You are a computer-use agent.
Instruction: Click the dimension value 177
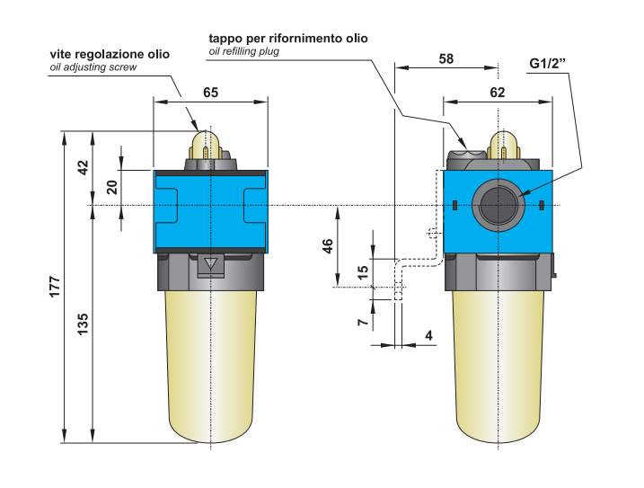pyautogui.click(x=55, y=288)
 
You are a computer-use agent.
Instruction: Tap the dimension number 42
pyautogui.click(x=83, y=167)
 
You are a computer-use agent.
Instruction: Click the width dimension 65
pyautogui.click(x=210, y=92)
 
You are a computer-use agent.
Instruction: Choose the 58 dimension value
pyautogui.click(x=446, y=58)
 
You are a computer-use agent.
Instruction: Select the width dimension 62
pyautogui.click(x=498, y=92)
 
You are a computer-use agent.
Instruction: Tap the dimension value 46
pyautogui.click(x=329, y=245)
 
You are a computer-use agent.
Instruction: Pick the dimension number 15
pyautogui.click(x=364, y=271)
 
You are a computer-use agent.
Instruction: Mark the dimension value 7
pyautogui.click(x=364, y=321)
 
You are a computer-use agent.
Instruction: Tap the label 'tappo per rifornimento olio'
pyautogui.click(x=287, y=39)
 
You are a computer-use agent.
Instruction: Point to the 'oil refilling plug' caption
pyautogui.click(x=244, y=52)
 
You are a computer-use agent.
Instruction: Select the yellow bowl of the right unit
pyautogui.click(x=498, y=359)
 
